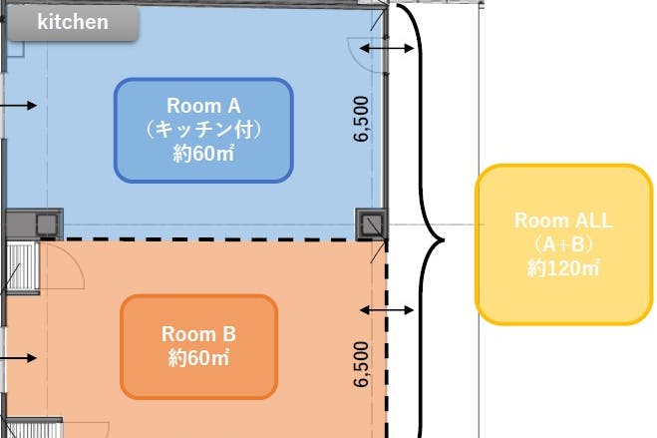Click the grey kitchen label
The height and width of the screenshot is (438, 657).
[x=73, y=23]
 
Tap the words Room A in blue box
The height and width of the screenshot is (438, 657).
[x=203, y=106]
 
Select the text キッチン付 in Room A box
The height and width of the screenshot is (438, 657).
[x=203, y=130]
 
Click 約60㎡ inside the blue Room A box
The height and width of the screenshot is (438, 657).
[x=203, y=154]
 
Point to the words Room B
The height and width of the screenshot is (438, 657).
[x=199, y=334]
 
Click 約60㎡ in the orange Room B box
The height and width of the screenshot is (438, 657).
[x=199, y=358]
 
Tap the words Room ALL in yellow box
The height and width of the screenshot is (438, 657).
[x=564, y=220]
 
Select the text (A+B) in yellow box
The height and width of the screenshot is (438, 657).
[x=564, y=244]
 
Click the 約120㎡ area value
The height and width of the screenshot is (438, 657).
[x=564, y=268]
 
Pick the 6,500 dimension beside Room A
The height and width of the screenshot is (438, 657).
[x=361, y=119]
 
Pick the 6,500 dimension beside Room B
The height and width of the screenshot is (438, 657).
[x=361, y=364]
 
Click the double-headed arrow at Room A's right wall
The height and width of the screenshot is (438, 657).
[x=386, y=48]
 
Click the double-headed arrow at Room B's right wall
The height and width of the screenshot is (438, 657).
[x=386, y=310]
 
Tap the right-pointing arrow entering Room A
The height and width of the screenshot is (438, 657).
[x=18, y=105]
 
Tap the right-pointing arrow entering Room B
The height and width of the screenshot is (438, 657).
[x=18, y=358]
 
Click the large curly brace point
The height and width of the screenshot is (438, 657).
[x=444, y=240]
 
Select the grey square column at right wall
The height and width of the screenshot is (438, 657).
[x=372, y=223]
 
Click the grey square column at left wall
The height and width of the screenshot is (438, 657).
[x=47, y=224]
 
